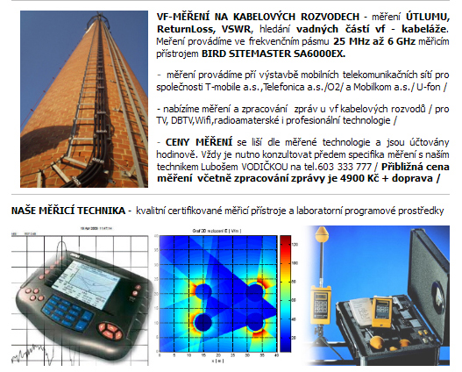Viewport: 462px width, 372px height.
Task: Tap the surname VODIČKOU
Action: coord(264,167)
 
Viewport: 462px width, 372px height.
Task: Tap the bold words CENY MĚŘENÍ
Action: coord(199,142)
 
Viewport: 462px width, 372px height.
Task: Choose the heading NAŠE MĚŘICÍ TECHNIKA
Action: coord(68,211)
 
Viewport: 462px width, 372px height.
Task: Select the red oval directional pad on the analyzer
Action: coord(110,331)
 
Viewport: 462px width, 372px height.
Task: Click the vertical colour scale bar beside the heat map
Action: coord(285,293)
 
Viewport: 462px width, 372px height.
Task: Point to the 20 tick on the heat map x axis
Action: coord(218,355)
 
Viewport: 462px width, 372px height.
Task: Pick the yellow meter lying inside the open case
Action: coord(382,311)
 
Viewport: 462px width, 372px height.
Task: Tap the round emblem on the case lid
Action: coord(438,297)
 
